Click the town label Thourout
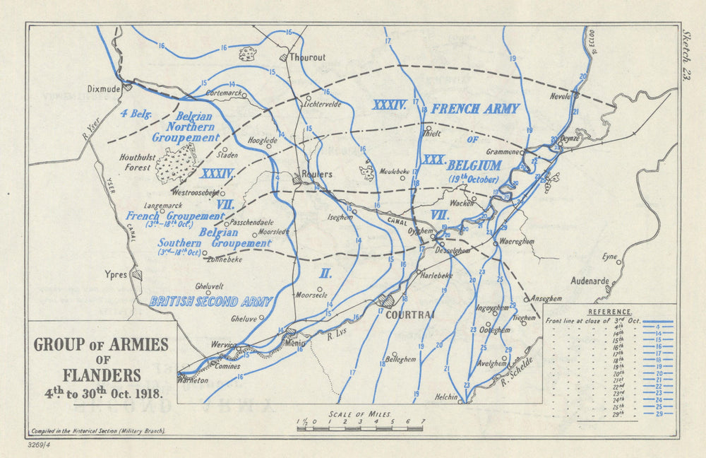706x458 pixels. (308, 57)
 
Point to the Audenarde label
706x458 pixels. (589, 281)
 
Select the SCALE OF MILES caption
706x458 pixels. (359, 414)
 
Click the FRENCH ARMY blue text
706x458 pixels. (474, 109)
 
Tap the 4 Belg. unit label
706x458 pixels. (136, 113)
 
